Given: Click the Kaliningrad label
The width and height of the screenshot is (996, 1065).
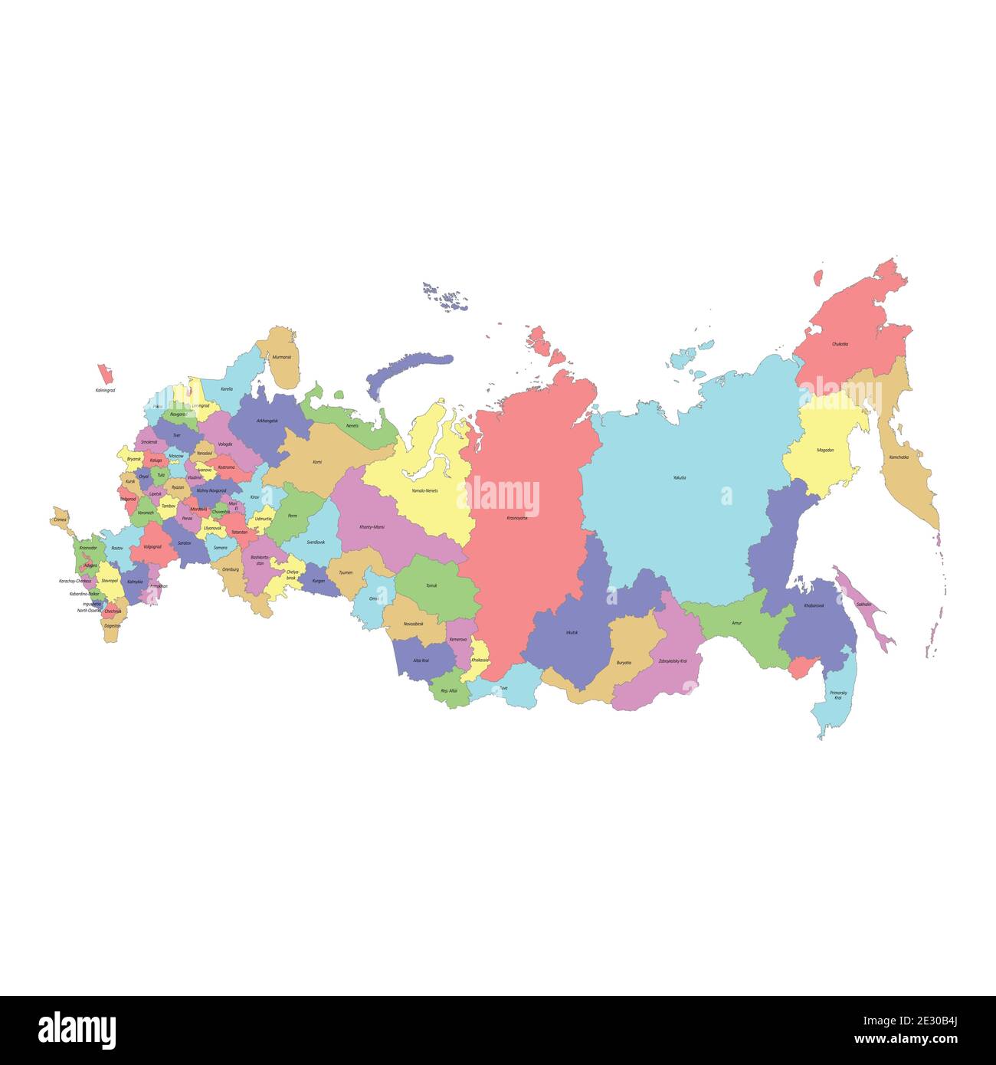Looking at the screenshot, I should pos(105,391).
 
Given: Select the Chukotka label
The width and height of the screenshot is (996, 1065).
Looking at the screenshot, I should pos(840,344).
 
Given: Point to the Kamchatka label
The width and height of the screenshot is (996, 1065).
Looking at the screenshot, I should pos(899,457).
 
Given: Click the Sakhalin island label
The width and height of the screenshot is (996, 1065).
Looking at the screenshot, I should pos(863,605).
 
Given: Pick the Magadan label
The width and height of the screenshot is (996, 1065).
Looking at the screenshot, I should pos(825,450).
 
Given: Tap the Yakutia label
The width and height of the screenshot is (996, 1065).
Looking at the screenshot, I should pos(680,477).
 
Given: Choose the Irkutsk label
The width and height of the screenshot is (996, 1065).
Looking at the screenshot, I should pos(572,632).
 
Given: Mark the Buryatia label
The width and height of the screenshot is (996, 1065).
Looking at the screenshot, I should pos(624,662).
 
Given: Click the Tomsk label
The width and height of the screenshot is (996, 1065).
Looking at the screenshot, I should pos(431,585).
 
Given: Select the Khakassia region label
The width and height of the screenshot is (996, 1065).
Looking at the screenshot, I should pos(480,660).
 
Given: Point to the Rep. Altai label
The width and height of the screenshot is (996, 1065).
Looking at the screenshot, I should pos(448,690).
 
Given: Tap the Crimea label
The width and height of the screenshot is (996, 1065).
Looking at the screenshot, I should pos(61,519).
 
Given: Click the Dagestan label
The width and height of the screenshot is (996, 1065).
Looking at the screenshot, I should pos(112,626).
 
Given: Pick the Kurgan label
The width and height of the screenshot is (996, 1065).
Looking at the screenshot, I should pos(319,581).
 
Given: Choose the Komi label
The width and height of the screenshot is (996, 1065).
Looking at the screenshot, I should pos(317,462).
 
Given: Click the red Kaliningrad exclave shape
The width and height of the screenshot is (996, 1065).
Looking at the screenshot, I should pos(104,375).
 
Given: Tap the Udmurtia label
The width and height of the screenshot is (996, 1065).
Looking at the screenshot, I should pos(263,519).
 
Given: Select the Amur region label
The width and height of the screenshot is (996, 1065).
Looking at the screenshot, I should pos(736,623).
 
